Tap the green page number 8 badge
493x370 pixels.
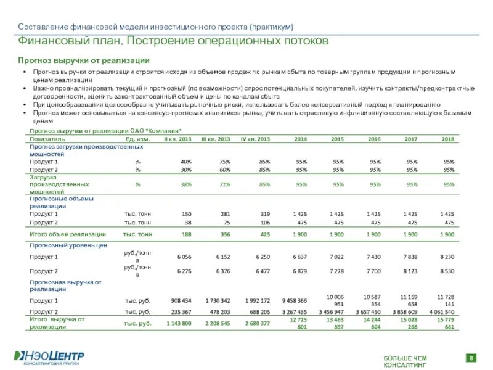471,358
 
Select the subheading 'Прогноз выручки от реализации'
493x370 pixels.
83,60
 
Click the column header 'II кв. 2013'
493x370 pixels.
177,139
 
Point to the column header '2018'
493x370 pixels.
448,139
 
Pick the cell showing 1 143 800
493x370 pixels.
179,323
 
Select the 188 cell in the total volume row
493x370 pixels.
186,234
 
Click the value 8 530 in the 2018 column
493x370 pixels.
447,271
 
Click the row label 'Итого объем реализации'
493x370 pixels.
68,234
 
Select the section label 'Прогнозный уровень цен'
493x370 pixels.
68,245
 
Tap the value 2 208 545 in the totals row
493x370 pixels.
218,323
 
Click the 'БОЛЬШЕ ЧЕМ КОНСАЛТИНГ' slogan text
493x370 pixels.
405,361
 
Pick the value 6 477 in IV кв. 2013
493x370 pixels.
261,271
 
